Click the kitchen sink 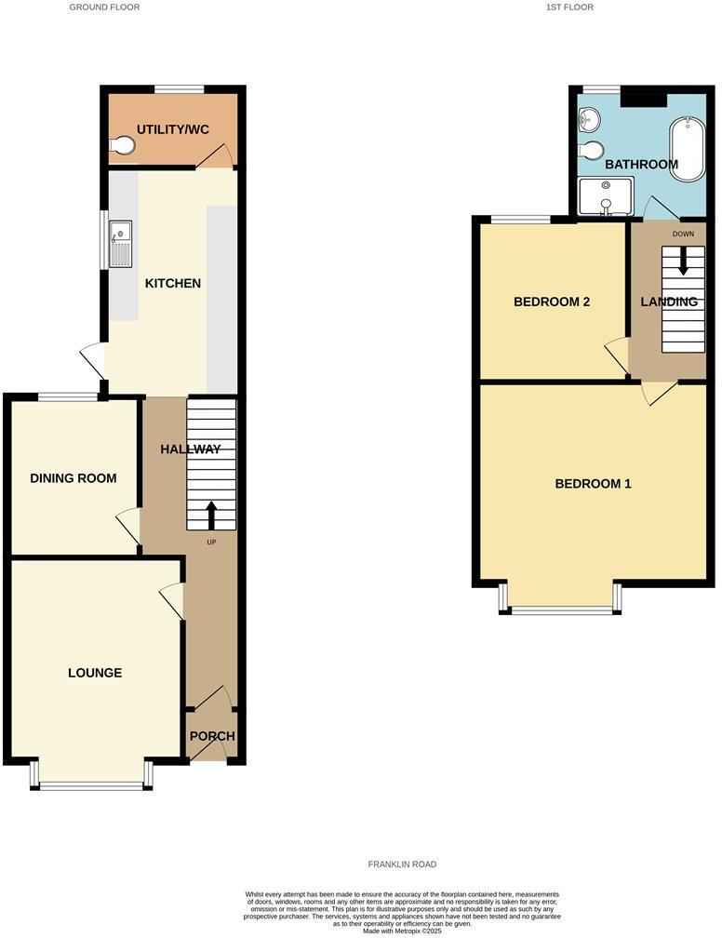point(122,243)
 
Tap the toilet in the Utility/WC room point(121,145)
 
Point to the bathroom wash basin point(588,119)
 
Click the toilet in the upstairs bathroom point(590,150)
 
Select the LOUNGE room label point(95,673)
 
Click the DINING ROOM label point(74,478)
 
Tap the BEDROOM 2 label point(553,301)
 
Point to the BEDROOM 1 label point(594,484)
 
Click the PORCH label point(212,736)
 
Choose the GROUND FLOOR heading point(105,7)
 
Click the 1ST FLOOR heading point(570,7)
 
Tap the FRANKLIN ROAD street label point(402,864)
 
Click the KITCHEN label point(173,283)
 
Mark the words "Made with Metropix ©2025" point(402,931)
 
